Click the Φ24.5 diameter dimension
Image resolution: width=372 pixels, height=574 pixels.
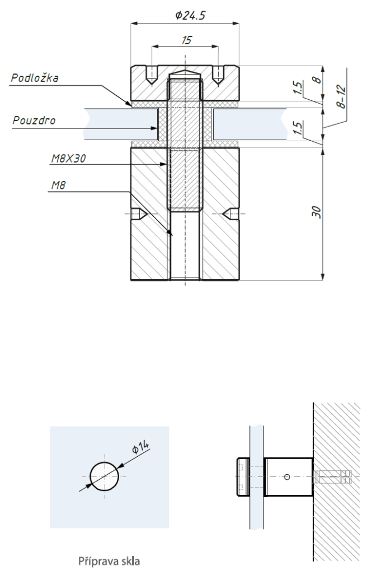(190, 15)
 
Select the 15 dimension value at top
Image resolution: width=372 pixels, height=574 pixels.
(186, 40)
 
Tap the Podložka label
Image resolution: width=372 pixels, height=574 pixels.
(35, 77)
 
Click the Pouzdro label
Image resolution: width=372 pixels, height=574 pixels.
(34, 121)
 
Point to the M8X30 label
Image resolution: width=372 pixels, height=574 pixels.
(68, 159)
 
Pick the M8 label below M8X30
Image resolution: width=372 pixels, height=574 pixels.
(58, 186)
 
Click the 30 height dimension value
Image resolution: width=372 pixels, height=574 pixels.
(317, 212)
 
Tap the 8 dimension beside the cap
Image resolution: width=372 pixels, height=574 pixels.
(318, 79)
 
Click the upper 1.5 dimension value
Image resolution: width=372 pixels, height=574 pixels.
(298, 88)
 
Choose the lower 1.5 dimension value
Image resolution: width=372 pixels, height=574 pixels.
(298, 128)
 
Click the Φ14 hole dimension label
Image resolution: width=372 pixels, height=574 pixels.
(140, 447)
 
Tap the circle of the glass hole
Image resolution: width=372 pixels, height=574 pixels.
(105, 476)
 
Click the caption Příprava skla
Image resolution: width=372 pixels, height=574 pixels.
(109, 561)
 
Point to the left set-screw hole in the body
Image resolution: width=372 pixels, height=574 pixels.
(139, 214)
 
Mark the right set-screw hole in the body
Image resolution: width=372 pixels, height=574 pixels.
(231, 214)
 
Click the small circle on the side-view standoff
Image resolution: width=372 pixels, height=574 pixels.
(287, 476)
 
